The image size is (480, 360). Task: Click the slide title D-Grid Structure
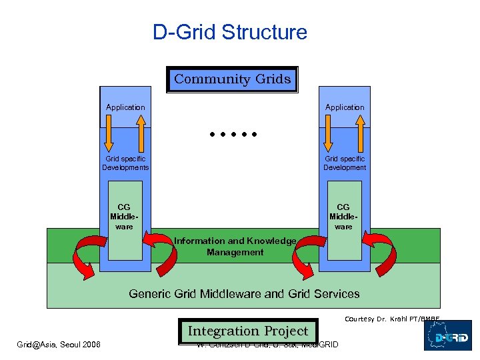230,32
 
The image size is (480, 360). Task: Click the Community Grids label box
232,79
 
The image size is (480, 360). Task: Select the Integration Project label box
247,331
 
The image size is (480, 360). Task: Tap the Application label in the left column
125,107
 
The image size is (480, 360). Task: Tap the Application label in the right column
345,107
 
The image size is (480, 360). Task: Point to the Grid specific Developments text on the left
125,163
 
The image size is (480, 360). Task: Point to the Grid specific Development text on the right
345,163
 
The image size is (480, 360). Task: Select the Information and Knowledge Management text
235,247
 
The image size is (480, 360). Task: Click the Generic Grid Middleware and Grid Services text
244,293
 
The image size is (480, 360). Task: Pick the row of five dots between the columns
231,135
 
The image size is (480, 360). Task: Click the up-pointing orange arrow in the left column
141,133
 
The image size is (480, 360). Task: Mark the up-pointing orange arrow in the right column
360,133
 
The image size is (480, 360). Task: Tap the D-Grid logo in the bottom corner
447,335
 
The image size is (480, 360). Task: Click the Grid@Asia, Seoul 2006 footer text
59,344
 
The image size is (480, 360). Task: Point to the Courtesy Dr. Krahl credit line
392,319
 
